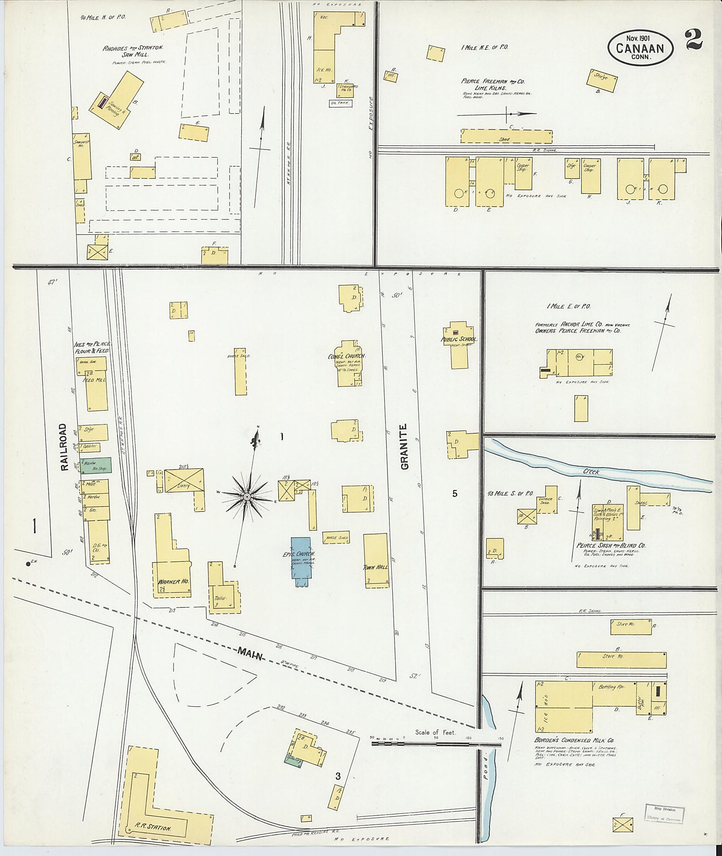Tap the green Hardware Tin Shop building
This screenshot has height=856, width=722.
[96, 464]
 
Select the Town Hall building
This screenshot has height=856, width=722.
[376, 561]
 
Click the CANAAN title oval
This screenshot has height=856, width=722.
[640, 48]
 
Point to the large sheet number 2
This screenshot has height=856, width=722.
[694, 39]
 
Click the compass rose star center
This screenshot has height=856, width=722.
[246, 496]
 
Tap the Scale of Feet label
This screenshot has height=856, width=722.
[435, 732]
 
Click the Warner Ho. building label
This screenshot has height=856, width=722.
[173, 581]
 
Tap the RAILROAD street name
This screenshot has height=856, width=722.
[63, 447]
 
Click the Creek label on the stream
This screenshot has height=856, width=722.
[591, 472]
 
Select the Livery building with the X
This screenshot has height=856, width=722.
[184, 481]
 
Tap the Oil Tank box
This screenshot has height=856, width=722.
[341, 103]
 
